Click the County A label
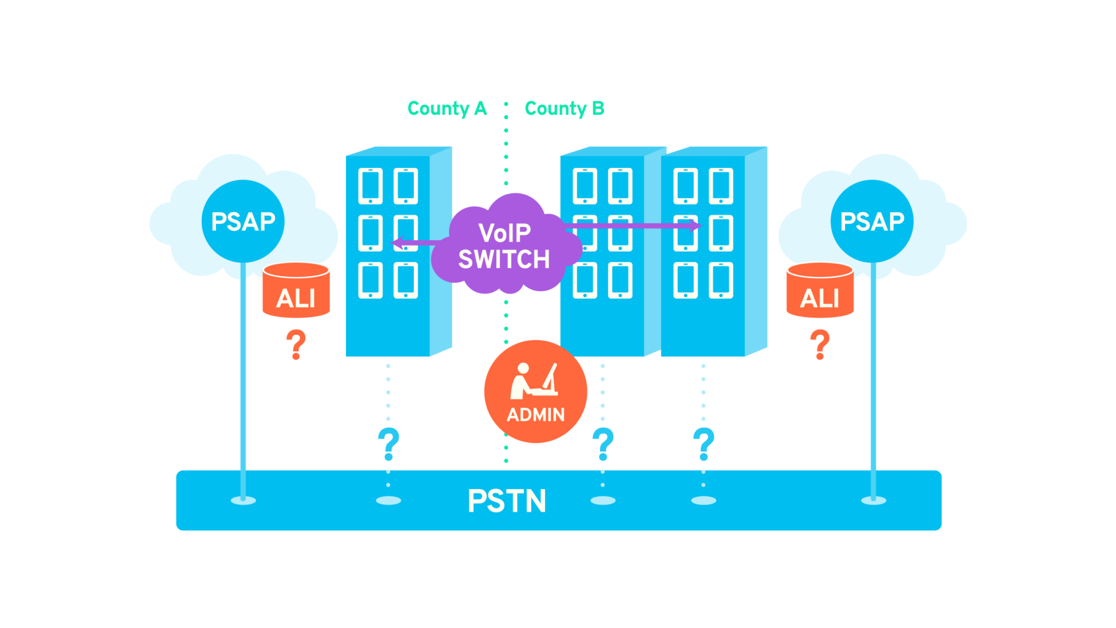click(446, 109)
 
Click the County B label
click(564, 109)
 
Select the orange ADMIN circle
click(535, 391)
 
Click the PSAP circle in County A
click(243, 221)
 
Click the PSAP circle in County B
click(872, 221)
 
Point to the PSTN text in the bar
click(507, 501)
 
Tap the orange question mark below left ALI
click(296, 344)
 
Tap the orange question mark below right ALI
click(820, 344)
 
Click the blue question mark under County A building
click(388, 443)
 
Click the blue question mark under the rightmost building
click(703, 443)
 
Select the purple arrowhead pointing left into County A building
click(398, 242)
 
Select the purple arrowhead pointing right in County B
click(695, 225)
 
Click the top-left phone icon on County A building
click(370, 186)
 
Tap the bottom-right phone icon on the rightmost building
click(721, 280)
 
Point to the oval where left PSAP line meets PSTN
click(243, 500)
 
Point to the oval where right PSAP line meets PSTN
click(873, 500)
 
